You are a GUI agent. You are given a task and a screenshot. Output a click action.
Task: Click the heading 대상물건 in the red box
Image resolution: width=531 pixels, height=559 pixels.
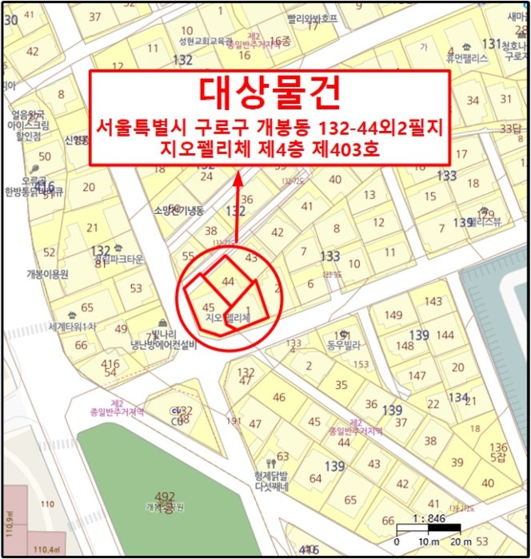(x=269, y=93)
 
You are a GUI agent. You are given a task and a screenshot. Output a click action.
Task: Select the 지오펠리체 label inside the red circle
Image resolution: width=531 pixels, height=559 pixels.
(x=228, y=318)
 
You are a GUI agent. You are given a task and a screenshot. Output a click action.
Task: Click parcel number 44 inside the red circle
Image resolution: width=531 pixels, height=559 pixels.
(x=228, y=281)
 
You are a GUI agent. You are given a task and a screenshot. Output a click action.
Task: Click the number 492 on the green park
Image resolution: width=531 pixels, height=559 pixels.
(x=165, y=497)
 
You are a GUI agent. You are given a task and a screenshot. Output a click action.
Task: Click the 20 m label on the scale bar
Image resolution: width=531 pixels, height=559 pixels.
(x=461, y=542)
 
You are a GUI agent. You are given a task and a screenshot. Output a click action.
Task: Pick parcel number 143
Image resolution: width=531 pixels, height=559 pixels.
(x=433, y=301)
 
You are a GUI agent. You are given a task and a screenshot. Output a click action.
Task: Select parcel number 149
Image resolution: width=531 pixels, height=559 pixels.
(x=393, y=315)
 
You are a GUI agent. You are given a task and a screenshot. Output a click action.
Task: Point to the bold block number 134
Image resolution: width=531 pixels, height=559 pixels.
(x=457, y=397)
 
